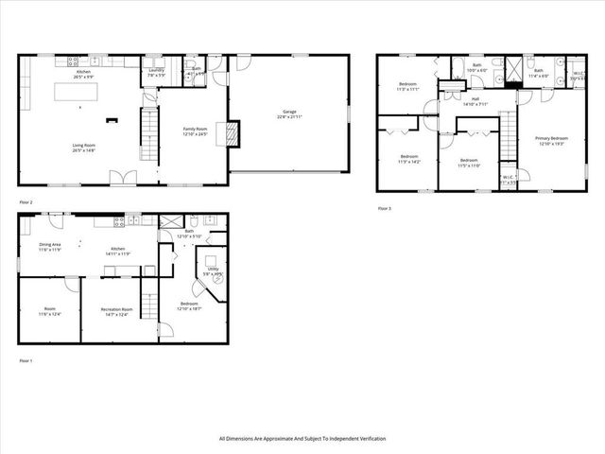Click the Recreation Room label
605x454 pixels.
coord(119,311)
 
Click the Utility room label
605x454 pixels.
coord(210,271)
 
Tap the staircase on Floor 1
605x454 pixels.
coord(148,302)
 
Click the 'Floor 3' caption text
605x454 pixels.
coord(384,208)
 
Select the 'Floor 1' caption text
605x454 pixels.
coord(26,360)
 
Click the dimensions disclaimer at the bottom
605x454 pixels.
coord(302,439)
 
